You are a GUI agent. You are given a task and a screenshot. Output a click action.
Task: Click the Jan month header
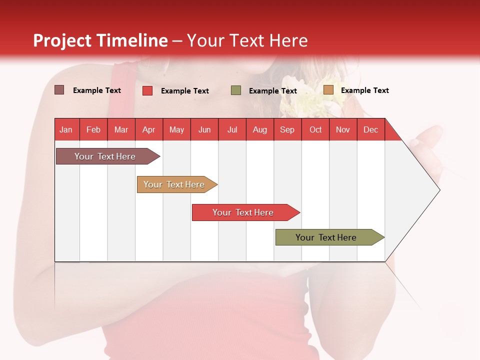click(66, 129)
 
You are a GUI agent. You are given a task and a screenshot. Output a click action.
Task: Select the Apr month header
click(149, 129)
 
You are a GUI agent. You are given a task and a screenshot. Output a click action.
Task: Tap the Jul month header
click(232, 129)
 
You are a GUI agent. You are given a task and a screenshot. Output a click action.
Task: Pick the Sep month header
click(287, 129)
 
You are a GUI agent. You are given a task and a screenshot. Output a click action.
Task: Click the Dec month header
click(370, 129)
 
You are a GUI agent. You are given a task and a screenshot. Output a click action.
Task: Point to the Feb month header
click(93, 129)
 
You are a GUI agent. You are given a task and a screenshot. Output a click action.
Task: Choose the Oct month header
click(315, 129)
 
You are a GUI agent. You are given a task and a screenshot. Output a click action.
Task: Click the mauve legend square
click(59, 90)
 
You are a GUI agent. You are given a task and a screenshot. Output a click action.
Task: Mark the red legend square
click(147, 90)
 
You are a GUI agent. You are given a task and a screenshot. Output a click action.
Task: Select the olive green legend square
click(236, 90)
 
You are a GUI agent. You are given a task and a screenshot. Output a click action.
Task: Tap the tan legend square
click(328, 90)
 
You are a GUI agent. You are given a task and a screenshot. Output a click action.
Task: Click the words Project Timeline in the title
click(100, 40)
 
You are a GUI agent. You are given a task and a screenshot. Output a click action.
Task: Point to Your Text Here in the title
click(247, 40)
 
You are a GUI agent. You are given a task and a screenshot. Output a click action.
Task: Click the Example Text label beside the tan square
click(364, 90)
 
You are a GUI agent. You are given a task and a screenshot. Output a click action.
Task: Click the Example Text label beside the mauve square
click(96, 90)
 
